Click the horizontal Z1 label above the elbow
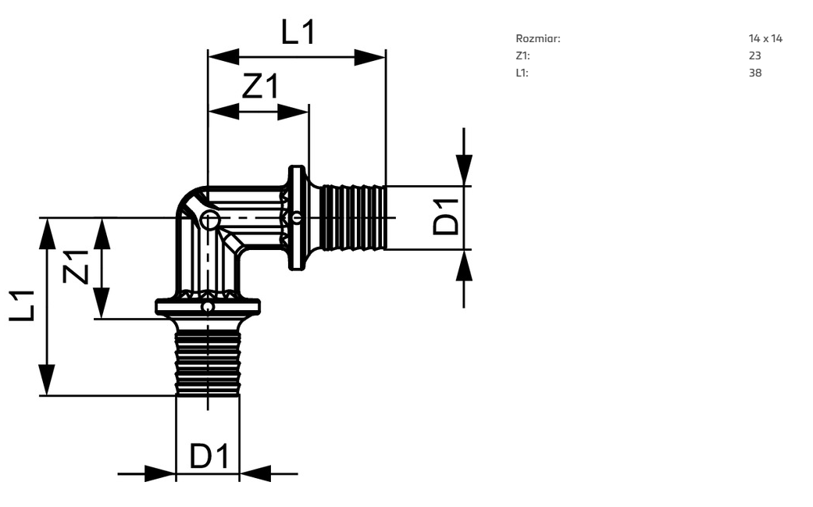coord(261,85)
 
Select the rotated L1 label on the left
coord(22,305)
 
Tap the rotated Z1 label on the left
coord(77,266)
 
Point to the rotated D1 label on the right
coord(447,216)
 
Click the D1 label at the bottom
coord(209,456)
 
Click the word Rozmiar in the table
coord(537,38)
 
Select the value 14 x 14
coord(765,38)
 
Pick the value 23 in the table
coord(755,55)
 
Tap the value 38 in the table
coord(755,73)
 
